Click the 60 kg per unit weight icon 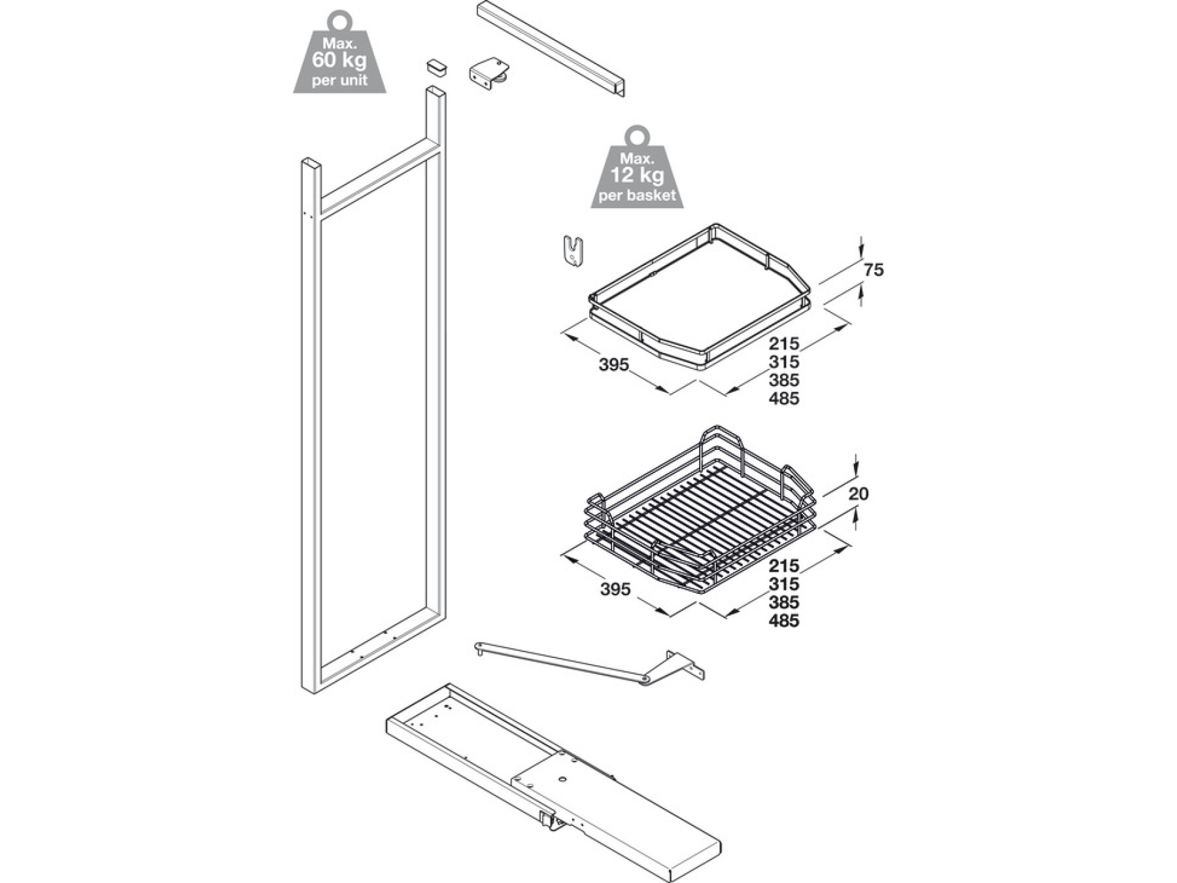(339, 55)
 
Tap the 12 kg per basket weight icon (637, 171)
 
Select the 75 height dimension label (874, 269)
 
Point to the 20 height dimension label (859, 493)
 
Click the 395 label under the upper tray (613, 364)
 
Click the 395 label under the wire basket (615, 589)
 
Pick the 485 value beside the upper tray (784, 398)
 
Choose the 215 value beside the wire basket (784, 566)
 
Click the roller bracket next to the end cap (488, 73)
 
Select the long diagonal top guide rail (551, 48)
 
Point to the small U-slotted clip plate (573, 251)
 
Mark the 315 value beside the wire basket (784, 584)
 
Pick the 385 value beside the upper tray (784, 380)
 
